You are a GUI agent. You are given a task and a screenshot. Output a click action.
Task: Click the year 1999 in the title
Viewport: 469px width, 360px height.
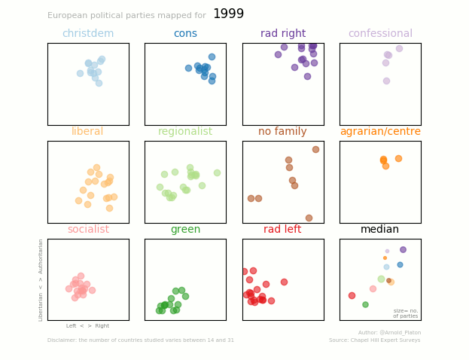click(228, 14)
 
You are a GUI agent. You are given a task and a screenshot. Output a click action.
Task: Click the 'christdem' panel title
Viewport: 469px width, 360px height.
click(88, 34)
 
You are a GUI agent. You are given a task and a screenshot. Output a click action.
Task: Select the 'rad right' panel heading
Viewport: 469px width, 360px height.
click(283, 34)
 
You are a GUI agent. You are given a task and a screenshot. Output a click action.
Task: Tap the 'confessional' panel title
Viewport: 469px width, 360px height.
click(380, 34)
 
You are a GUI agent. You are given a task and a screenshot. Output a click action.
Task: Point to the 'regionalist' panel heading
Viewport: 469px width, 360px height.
click(185, 132)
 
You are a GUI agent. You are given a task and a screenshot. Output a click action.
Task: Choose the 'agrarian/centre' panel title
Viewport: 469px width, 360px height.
click(380, 132)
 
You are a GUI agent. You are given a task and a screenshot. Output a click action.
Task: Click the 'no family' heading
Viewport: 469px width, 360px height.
click(282, 132)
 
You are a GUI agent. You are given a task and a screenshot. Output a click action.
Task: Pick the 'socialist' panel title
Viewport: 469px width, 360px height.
click(88, 230)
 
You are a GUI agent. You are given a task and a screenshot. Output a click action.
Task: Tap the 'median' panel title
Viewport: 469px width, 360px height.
click(380, 230)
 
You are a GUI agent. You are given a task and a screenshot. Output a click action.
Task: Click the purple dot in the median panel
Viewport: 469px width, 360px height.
click(403, 249)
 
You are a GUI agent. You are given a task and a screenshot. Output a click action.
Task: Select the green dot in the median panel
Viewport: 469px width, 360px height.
click(365, 304)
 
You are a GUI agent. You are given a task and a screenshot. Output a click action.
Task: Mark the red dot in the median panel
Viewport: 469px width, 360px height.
click(352, 295)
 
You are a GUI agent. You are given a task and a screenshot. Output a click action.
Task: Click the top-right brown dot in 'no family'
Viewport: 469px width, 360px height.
click(315, 149)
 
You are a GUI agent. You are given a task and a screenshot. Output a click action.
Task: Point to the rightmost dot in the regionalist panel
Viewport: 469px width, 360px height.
click(217, 172)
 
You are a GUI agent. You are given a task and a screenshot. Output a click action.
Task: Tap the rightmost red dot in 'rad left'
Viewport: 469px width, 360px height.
click(284, 282)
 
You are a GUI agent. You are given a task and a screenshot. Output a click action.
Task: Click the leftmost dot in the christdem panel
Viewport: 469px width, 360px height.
click(80, 73)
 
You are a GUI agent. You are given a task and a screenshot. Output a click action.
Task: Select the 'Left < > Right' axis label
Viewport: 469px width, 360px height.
click(87, 326)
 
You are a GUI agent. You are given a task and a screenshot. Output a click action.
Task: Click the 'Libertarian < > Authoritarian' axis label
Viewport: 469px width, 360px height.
click(41, 279)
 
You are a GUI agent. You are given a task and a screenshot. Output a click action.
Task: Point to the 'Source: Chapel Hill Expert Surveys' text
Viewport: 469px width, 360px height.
click(374, 340)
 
